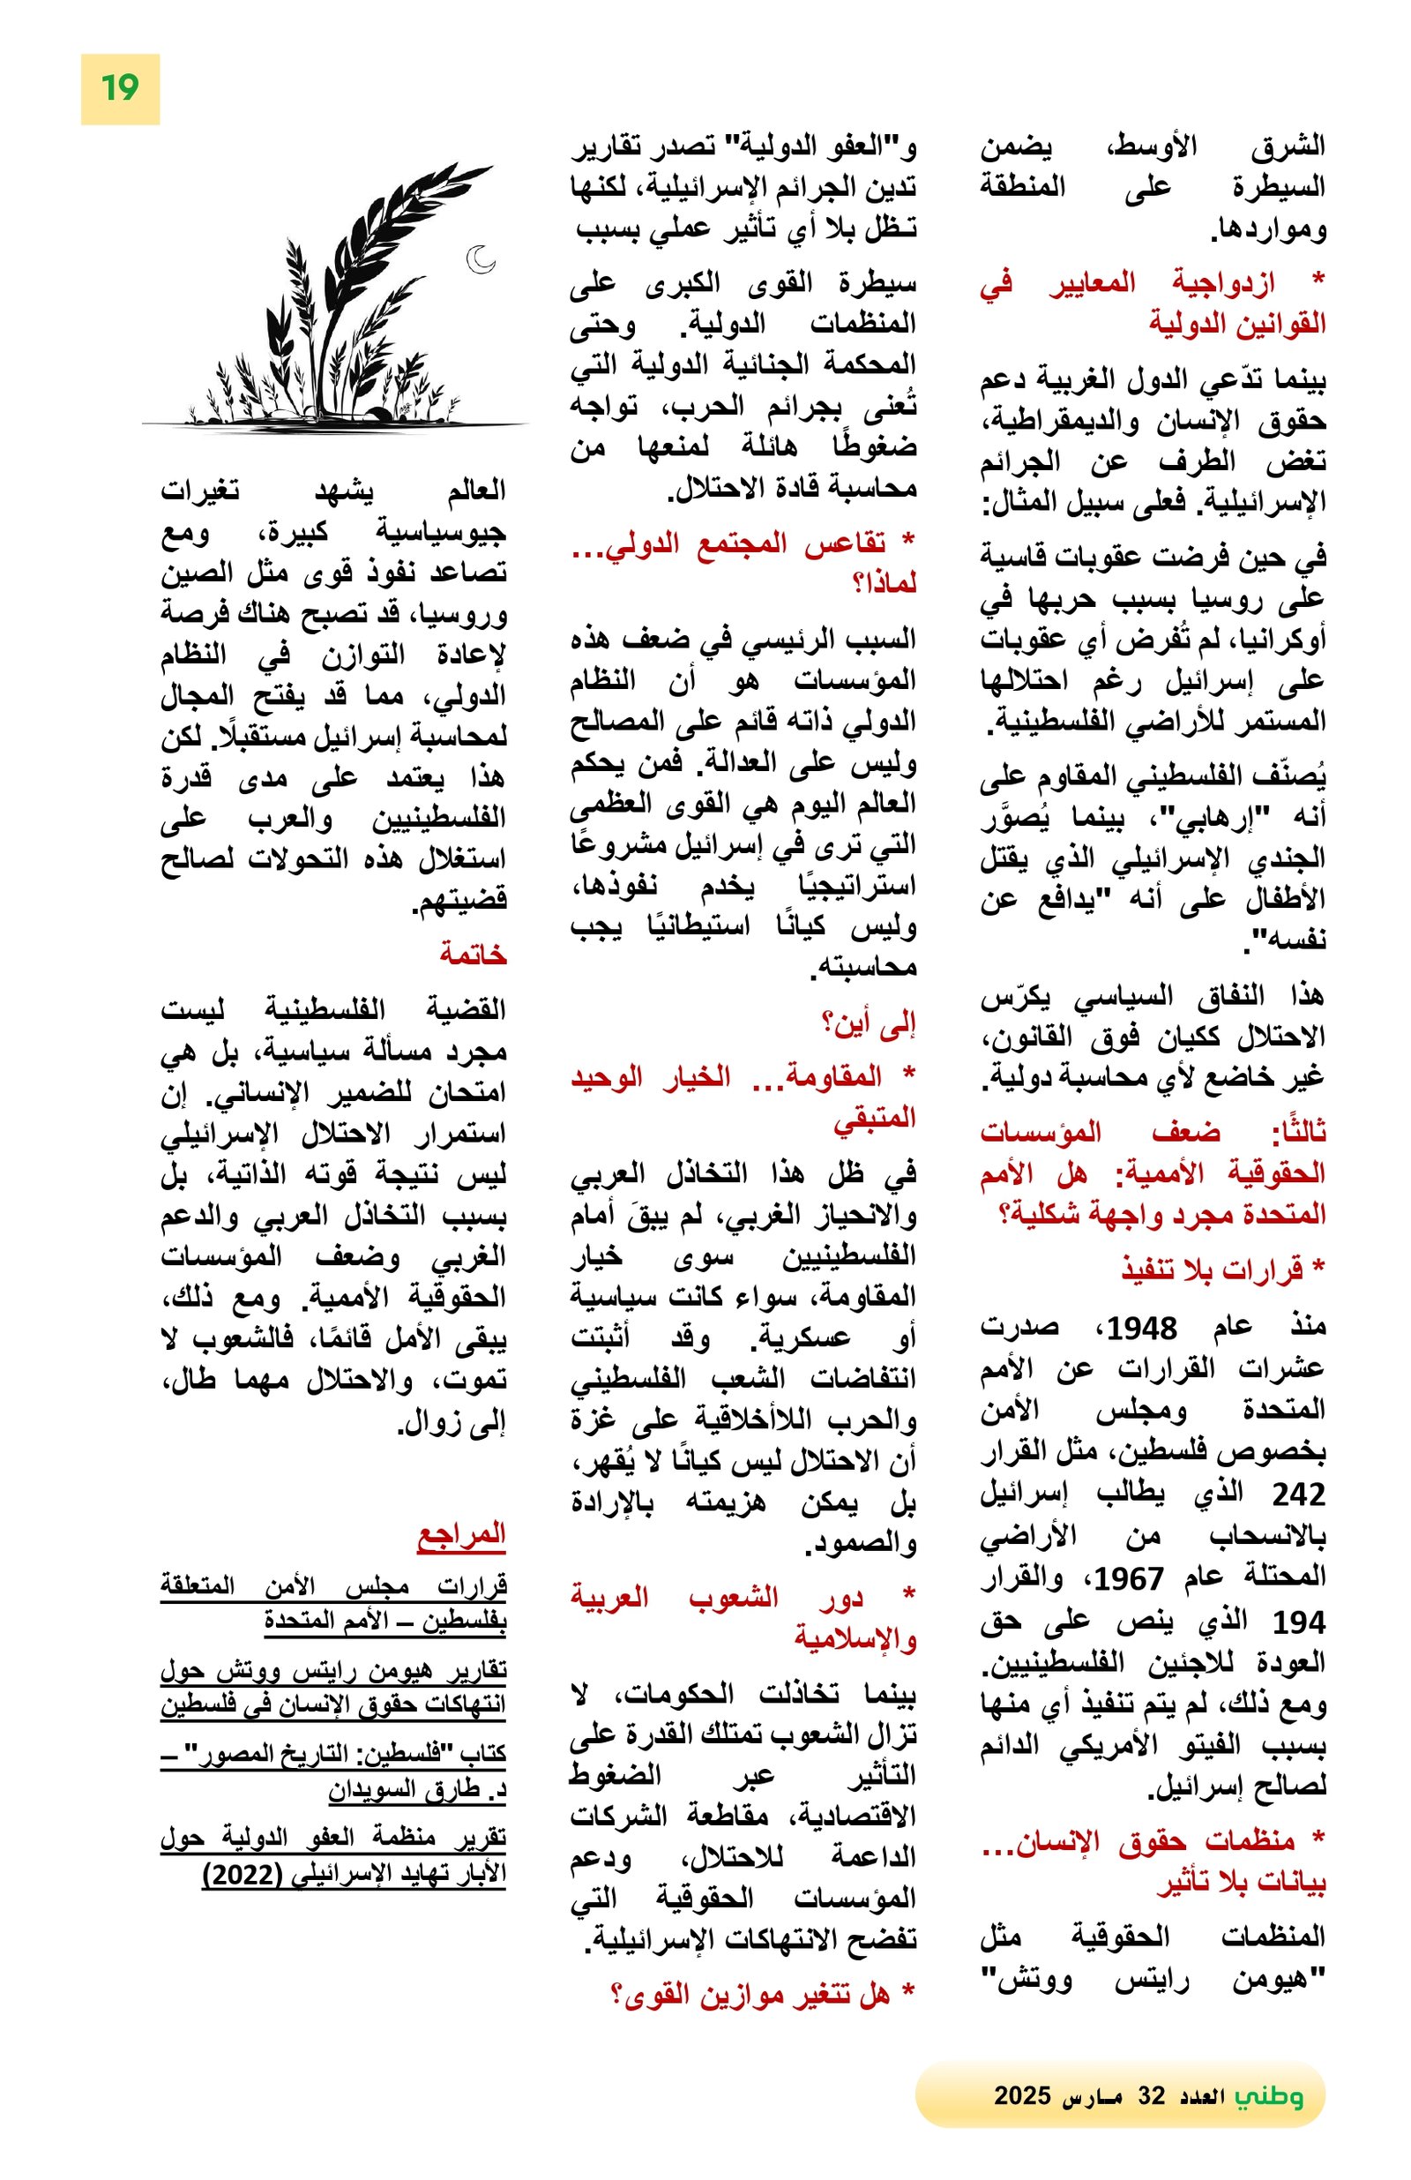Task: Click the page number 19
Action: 119,89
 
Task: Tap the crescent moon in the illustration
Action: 480,259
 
